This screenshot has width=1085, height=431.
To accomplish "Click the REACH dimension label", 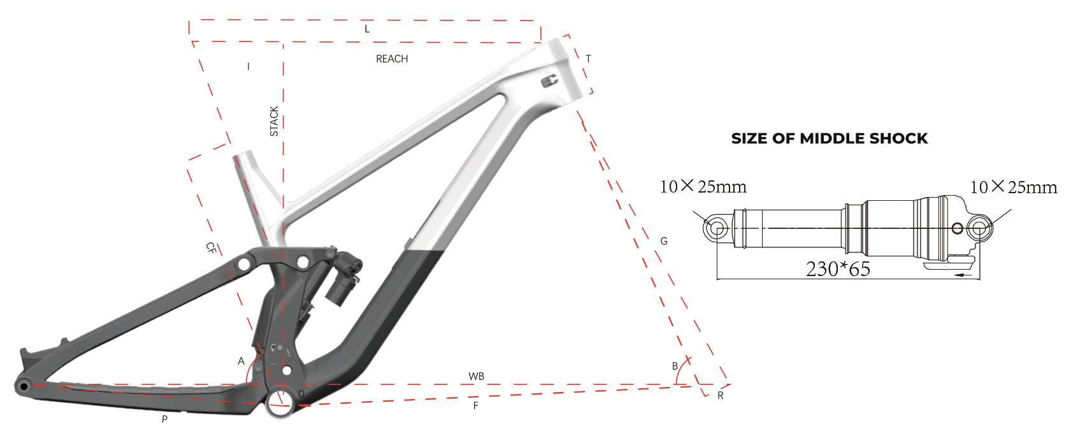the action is [392, 59].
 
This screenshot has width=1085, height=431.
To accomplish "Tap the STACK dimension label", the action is [274, 121].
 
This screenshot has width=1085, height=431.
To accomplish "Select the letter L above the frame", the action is [367, 29].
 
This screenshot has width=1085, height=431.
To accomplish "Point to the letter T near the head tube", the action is [588, 59].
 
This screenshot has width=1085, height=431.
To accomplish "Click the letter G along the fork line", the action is [664, 241].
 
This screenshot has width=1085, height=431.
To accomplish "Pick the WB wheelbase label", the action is [476, 376].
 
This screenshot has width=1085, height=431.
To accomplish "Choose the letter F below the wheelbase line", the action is [476, 405].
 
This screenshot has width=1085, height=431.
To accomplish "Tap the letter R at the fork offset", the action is [721, 395].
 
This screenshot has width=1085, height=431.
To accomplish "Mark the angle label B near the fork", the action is [675, 366].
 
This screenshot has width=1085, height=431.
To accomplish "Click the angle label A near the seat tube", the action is [241, 362].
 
